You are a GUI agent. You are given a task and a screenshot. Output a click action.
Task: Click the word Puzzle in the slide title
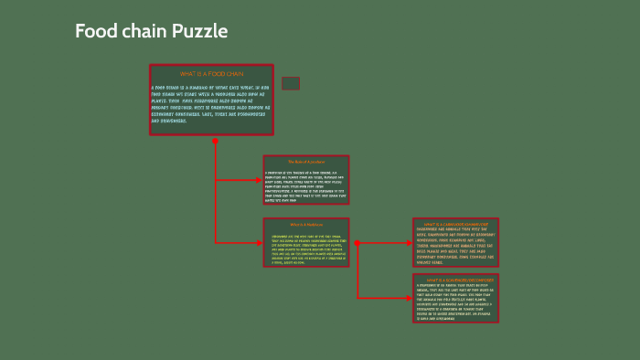[198, 32]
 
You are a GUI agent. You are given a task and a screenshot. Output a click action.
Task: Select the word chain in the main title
[143, 32]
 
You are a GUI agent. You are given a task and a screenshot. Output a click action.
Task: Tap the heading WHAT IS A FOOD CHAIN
[211, 73]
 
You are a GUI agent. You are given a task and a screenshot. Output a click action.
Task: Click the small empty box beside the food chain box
[291, 83]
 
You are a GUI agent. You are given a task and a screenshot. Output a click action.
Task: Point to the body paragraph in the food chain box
[211, 104]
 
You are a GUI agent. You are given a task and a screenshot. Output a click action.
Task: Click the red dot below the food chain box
[216, 142]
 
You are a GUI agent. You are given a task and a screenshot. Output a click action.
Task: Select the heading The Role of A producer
[306, 162]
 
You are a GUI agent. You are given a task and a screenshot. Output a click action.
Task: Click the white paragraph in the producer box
[306, 186]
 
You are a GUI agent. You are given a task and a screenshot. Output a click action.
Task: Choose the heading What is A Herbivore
[306, 225]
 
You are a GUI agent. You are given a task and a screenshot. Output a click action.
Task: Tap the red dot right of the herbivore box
[357, 243]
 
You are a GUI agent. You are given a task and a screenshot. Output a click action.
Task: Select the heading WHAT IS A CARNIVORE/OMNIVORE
[455, 223]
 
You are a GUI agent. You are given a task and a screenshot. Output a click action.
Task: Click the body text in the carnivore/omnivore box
[455, 244]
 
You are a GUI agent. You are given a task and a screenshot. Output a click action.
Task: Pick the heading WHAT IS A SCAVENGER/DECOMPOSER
[455, 280]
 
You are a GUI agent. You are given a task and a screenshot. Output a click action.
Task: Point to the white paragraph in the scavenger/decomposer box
[455, 302]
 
